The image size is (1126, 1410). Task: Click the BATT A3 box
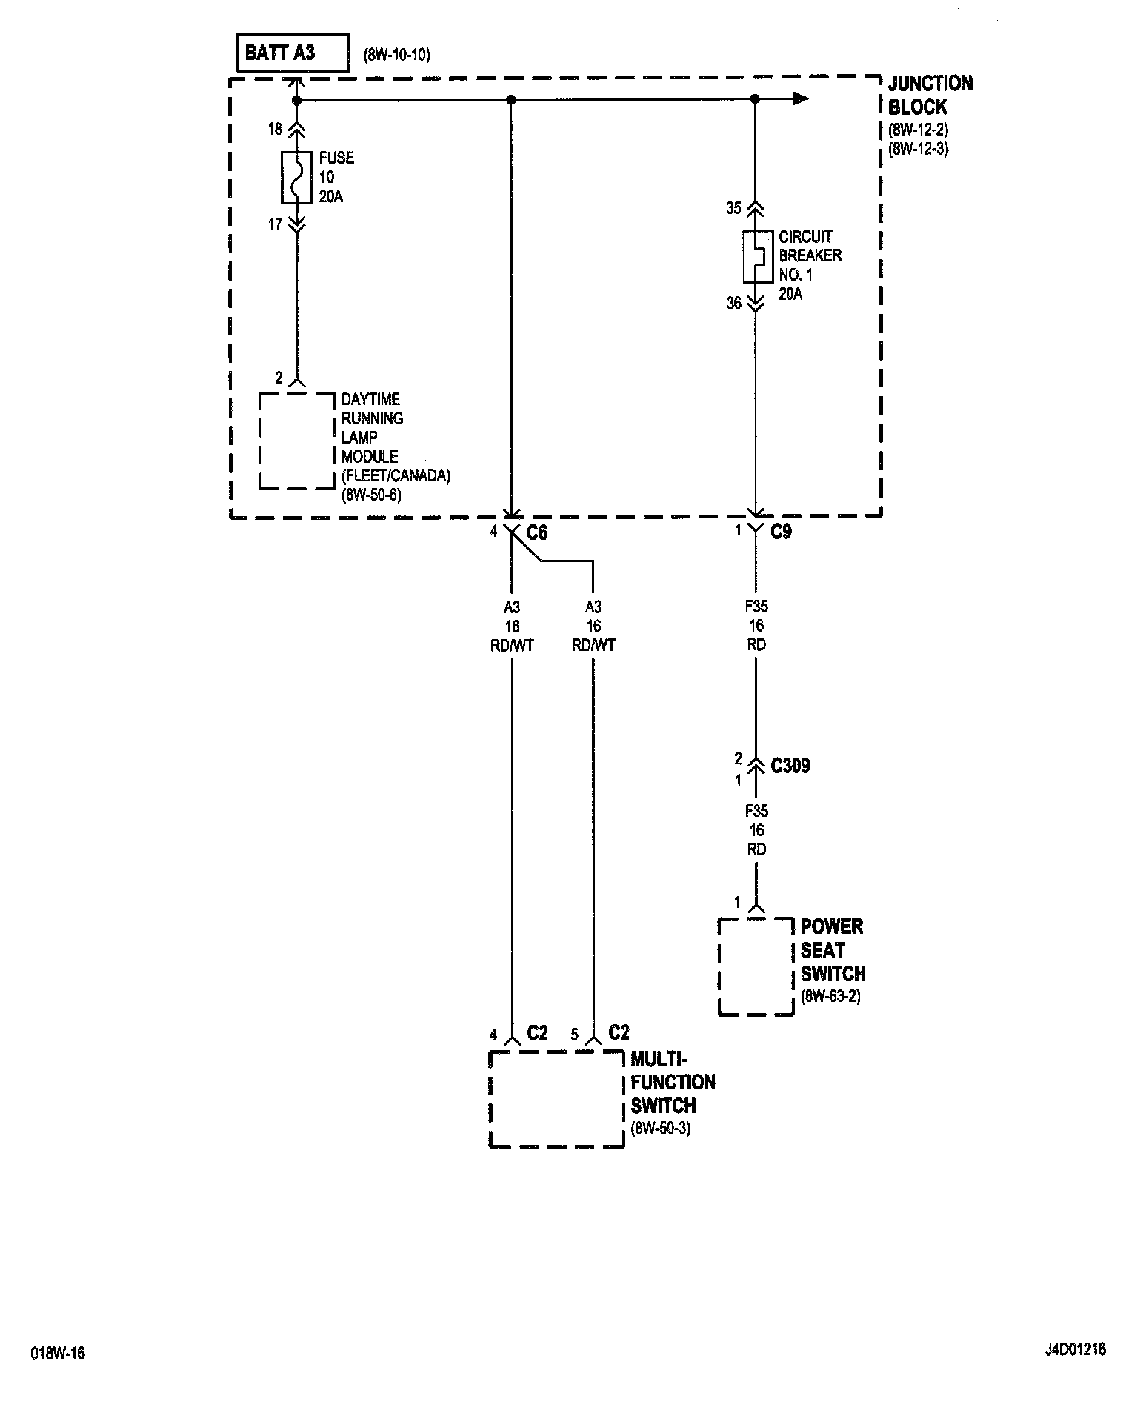293,53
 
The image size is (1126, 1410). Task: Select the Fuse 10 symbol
296,177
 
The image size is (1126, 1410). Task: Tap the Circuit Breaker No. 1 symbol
754,255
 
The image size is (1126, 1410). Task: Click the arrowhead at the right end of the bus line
799,99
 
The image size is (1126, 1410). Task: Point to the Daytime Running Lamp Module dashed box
296,441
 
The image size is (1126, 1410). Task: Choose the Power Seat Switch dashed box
756,966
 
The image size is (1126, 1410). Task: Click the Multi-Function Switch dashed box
556,1098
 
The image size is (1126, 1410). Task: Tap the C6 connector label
537,532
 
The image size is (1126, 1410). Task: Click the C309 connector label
790,766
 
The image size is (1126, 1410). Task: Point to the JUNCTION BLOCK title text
930,95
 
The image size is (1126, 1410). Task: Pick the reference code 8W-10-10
396,55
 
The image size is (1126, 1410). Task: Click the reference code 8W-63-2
830,997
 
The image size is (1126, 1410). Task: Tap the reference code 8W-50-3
660,1129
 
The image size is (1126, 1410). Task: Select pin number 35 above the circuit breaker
733,208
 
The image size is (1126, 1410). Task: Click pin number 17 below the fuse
275,224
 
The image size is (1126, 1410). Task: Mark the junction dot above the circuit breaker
755,99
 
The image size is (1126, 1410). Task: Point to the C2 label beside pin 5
619,1032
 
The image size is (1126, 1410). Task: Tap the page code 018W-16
58,1353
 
